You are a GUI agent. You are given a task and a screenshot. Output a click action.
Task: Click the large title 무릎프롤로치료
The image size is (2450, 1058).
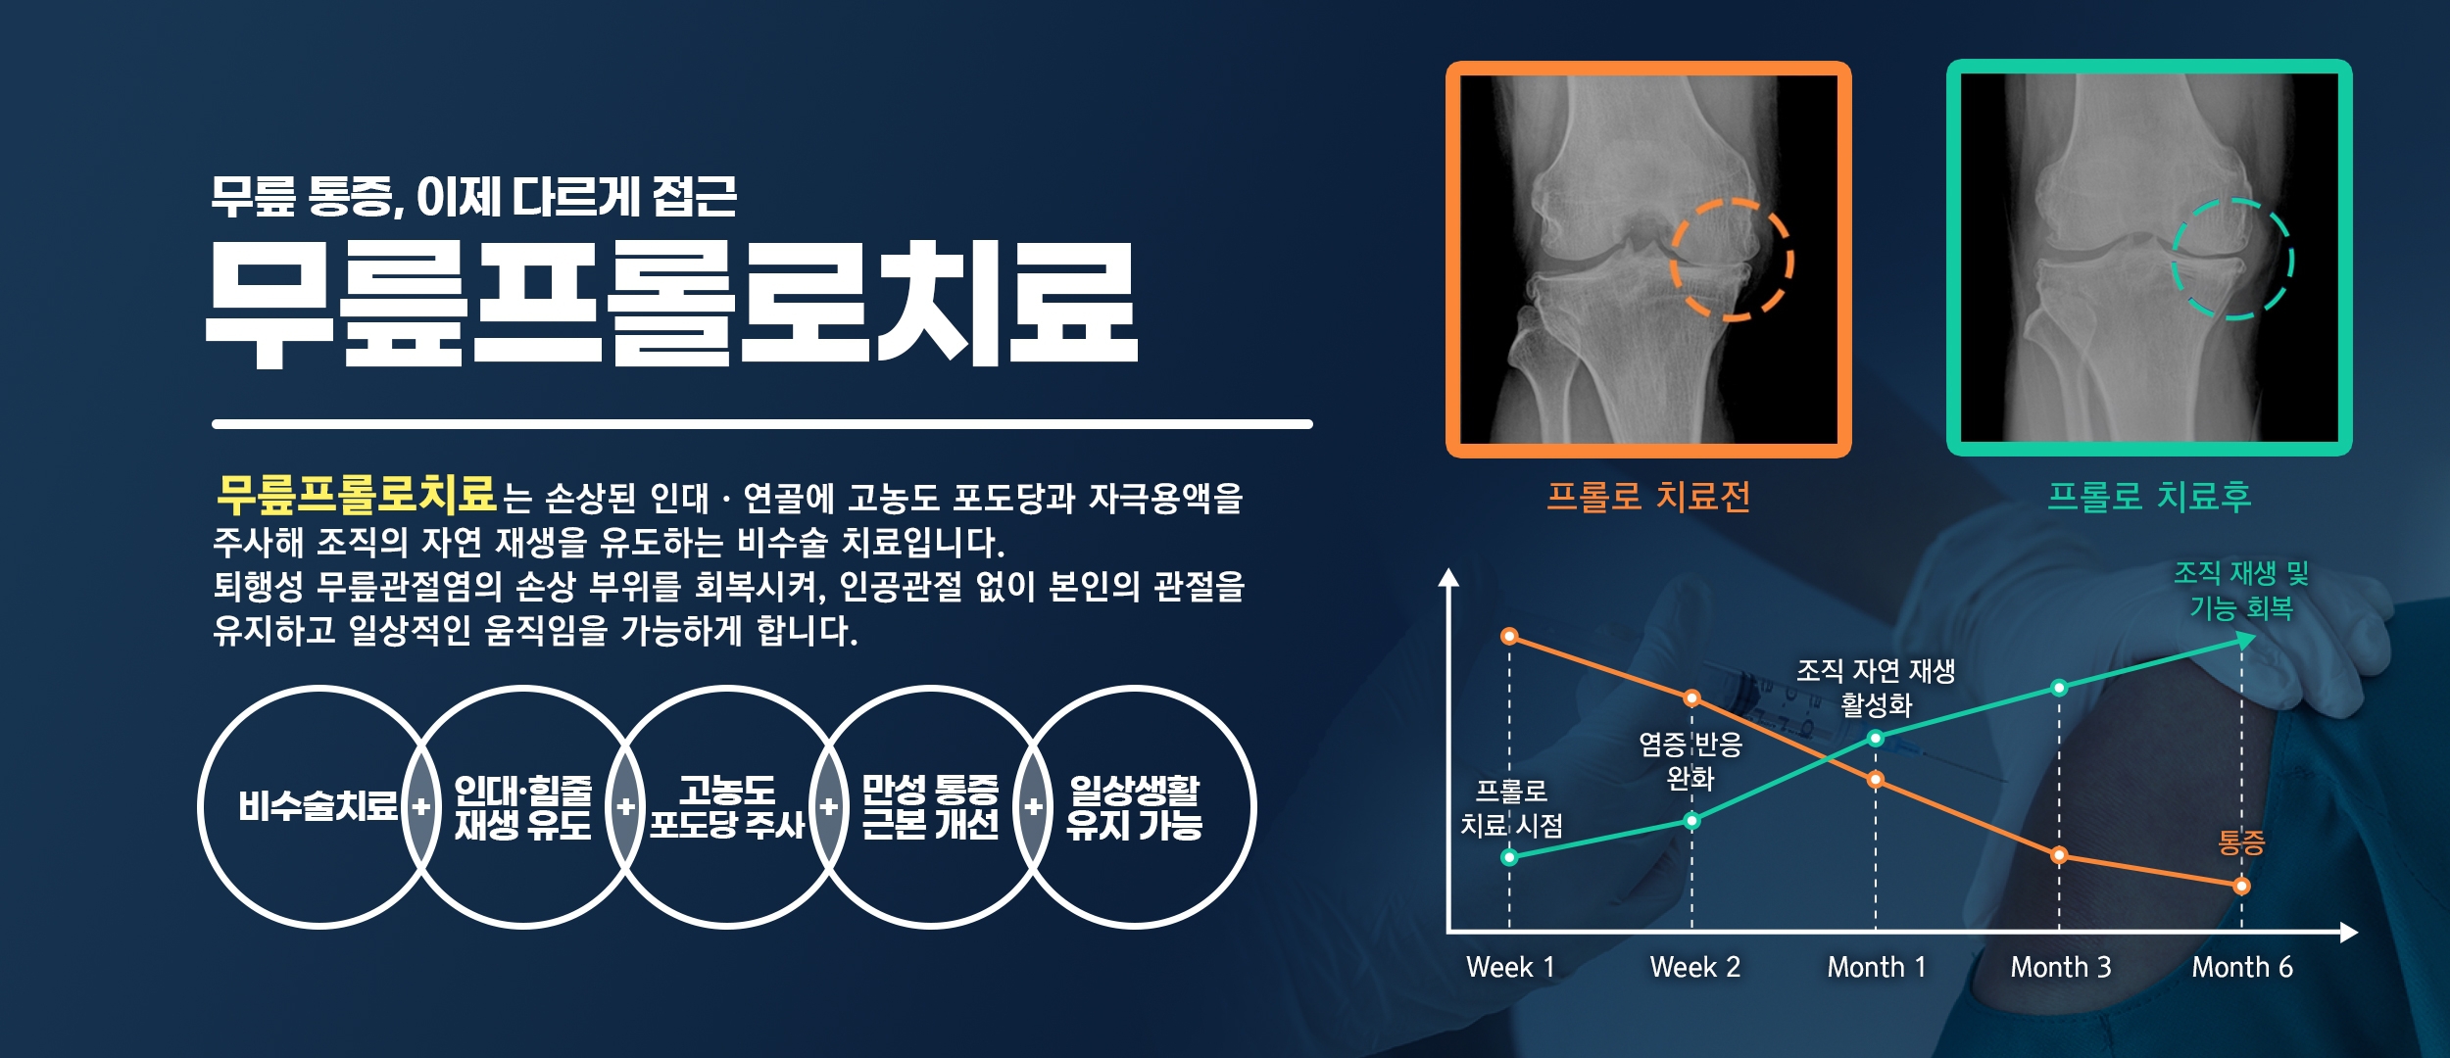click(672, 304)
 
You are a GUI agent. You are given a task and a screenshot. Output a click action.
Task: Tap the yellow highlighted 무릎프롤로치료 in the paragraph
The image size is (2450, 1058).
click(357, 495)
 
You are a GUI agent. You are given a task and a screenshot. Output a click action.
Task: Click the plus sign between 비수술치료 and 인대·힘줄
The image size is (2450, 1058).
click(421, 807)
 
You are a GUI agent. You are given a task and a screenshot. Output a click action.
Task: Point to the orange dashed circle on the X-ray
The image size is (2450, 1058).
click(1672, 260)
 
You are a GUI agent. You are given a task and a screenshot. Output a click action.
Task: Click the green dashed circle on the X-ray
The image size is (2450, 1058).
click(2173, 260)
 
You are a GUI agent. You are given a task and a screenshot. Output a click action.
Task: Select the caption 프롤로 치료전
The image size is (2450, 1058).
click(1648, 497)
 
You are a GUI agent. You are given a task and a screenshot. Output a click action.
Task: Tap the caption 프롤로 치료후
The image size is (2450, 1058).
click(2149, 497)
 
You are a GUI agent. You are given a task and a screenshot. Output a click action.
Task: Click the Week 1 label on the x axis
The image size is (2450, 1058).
click(1510, 967)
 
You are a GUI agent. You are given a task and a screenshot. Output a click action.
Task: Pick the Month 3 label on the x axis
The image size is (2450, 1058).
click(2061, 967)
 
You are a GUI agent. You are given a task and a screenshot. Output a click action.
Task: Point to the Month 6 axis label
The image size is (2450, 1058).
click(2242, 967)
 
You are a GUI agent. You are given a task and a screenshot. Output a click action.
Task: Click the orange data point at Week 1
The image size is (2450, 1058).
click(1509, 637)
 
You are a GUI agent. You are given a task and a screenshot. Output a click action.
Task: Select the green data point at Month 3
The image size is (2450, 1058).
click(2059, 688)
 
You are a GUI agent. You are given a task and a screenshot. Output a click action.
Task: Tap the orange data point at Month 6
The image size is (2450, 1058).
click(2241, 887)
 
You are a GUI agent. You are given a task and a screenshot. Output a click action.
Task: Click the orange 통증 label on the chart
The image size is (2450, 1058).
click(2241, 842)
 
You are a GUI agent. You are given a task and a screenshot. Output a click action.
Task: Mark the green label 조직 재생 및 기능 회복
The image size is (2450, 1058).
click(2241, 590)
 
